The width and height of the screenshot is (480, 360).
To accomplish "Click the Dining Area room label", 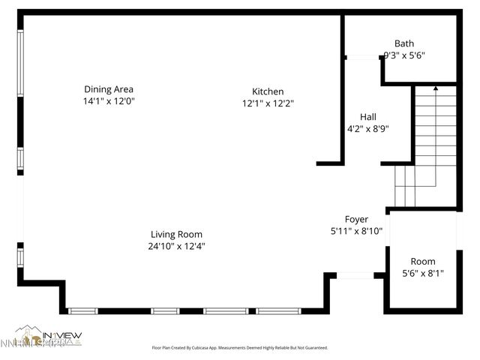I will click(108, 88).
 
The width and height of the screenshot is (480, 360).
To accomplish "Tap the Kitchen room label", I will click(267, 91).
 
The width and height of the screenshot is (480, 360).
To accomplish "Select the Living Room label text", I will click(176, 234).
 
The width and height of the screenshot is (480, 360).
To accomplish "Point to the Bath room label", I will click(403, 43).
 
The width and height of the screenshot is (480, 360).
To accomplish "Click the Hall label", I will click(367, 117).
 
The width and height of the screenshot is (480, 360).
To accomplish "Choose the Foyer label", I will click(356, 219).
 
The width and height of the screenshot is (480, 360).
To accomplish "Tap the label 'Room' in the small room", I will click(422, 261).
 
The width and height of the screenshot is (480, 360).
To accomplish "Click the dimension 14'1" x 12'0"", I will click(108, 100).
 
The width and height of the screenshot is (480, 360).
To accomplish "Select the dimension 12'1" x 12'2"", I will click(267, 103).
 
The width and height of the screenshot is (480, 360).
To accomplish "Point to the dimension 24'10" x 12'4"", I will click(176, 246).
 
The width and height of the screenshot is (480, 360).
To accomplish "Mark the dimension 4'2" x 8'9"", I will click(367, 128).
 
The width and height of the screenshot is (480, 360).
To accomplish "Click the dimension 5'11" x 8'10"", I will click(356, 231).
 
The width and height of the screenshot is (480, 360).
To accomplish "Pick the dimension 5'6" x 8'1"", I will click(422, 274).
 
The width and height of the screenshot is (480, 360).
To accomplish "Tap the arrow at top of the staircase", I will click(435, 88).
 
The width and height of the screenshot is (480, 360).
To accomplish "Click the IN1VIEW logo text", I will click(61, 334).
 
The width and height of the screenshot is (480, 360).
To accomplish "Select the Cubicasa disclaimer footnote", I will click(240, 348).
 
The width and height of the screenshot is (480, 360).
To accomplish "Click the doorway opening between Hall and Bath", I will click(362, 57).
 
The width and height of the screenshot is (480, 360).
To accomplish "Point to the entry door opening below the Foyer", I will click(355, 275).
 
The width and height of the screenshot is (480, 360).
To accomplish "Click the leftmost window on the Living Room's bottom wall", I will click(82, 310).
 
